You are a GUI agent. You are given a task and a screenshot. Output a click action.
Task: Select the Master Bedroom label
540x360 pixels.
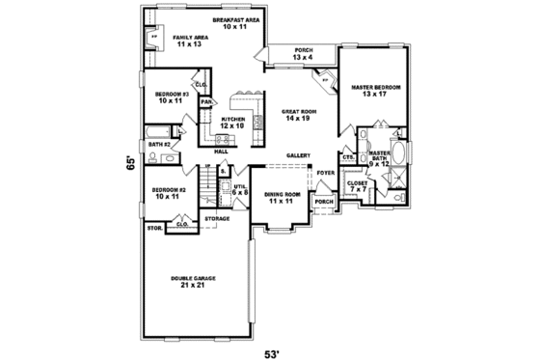375,91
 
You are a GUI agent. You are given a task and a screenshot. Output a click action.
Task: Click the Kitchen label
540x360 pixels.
233,122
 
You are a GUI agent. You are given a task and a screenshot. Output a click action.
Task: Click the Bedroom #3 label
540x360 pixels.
170,97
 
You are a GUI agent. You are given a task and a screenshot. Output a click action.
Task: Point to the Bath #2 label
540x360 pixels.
159,144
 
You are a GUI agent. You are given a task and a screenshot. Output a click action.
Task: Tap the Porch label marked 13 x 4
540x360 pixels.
304,54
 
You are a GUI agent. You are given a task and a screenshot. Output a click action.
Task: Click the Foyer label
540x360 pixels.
326,174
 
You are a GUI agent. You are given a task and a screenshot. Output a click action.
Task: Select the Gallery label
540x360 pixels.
298,154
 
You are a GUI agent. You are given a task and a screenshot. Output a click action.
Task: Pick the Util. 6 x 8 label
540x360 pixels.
240,190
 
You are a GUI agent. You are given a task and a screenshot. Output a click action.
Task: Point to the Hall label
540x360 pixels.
221,152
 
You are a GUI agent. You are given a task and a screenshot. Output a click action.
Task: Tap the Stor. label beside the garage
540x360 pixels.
153,228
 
